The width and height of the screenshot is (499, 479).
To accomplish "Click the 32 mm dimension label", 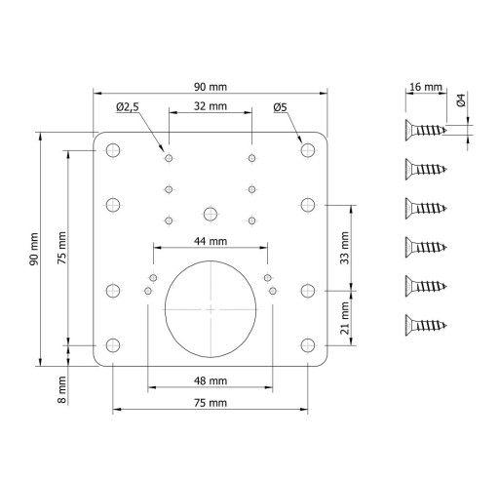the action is point(211,106).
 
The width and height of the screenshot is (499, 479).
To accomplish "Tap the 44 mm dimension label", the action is point(211,241).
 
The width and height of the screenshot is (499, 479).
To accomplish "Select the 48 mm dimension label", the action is point(211,380).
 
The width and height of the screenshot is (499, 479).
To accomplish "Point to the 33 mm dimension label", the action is point(345,248).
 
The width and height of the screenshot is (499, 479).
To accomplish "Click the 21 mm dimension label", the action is point(345,318).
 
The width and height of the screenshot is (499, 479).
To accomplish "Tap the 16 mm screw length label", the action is point(426,87).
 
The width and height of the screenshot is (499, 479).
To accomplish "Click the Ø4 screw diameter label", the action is point(461,100).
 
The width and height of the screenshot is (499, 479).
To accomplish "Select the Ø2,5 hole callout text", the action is point(128,106).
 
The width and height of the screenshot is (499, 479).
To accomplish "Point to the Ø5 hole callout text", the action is point(280,107).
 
